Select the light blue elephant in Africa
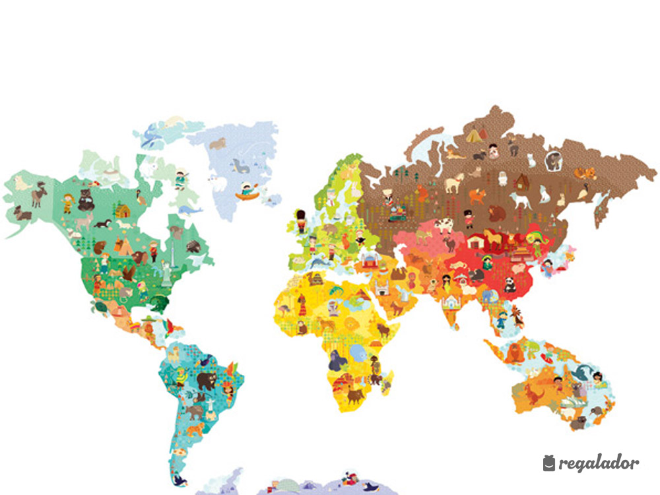359,354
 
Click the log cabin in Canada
123,211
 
